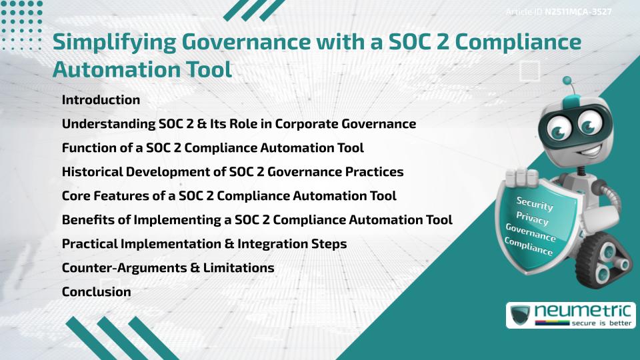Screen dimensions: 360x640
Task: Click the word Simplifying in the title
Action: pyautogui.click(x=113, y=42)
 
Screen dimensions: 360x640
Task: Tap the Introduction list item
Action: pyautogui.click(x=101, y=100)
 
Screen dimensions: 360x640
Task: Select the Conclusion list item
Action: pyautogui.click(x=96, y=292)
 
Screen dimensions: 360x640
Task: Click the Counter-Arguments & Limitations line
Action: pyautogui.click(x=168, y=268)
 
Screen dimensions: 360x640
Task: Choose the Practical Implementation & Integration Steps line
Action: pyautogui.click(x=204, y=244)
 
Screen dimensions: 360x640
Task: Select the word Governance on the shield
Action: pyautogui.click(x=531, y=233)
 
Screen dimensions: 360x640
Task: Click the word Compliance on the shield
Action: pyautogui.click(x=529, y=247)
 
